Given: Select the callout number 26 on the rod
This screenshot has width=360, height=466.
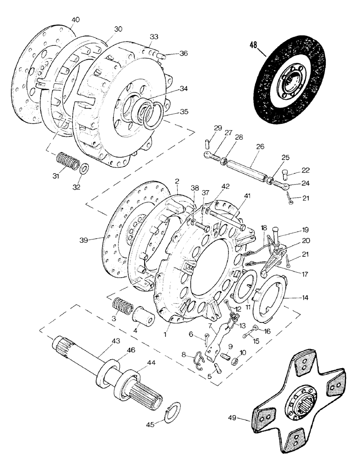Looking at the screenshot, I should [259, 146].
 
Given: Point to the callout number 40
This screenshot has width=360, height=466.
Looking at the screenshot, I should [76, 20].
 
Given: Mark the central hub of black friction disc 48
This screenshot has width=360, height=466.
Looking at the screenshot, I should [291, 82].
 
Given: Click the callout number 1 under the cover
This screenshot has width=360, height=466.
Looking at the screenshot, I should [165, 335].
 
